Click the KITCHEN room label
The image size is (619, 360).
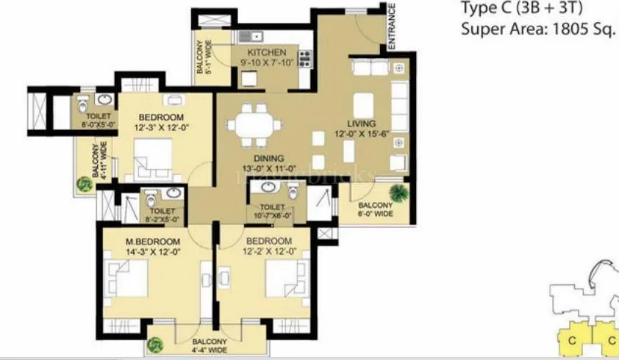(265, 53)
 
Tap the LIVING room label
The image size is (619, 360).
(362, 123)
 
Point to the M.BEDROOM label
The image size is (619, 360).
(152, 242)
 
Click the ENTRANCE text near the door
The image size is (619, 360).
(392, 26)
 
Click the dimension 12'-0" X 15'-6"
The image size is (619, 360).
(362, 134)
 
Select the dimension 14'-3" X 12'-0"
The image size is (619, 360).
(152, 251)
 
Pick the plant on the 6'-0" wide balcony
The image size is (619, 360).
(400, 193)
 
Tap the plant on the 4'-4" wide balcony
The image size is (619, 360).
(157, 344)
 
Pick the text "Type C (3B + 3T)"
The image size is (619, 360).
(524, 10)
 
